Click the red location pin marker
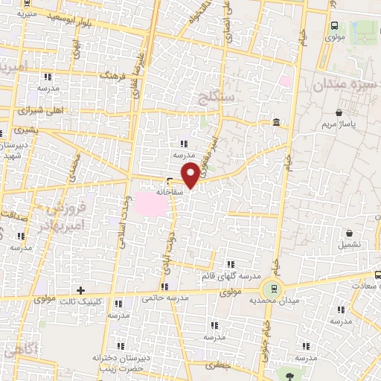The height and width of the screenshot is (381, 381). click(x=191, y=175)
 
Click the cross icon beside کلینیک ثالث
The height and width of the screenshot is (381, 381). click(x=81, y=290)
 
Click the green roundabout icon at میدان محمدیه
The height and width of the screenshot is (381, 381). click(x=272, y=288)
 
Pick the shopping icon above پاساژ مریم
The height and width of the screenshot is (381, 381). click(x=339, y=112)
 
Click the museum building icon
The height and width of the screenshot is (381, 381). click(x=276, y=122)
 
